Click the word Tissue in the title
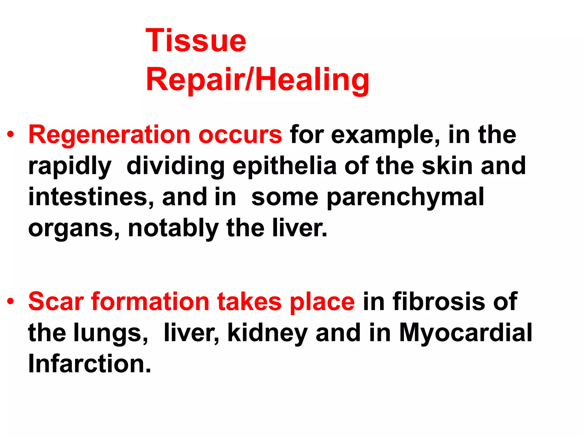(196, 41)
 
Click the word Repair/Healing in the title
(257, 79)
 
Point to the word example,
(385, 135)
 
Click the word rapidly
(70, 166)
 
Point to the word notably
(173, 228)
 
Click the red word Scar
(56, 302)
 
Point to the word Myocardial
(465, 333)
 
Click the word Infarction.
(89, 364)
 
